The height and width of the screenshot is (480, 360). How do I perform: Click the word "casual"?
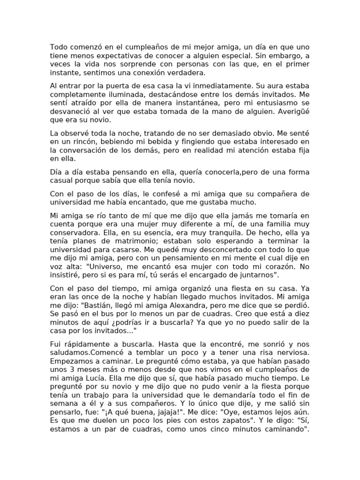(62, 180)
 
